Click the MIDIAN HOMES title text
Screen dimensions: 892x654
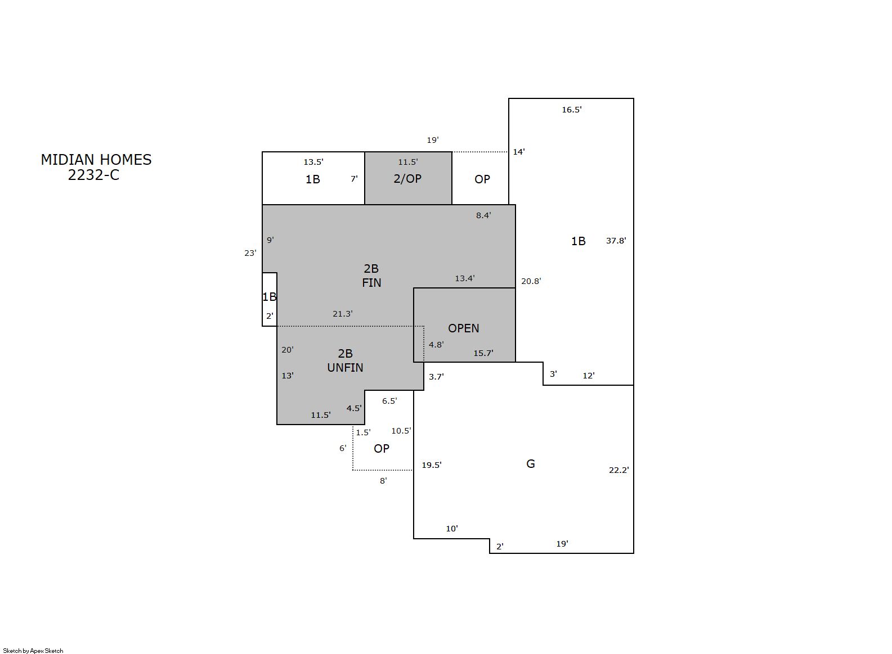(x=96, y=160)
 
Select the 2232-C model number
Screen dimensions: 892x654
(x=93, y=175)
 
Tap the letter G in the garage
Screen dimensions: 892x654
(x=531, y=464)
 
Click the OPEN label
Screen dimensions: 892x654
(x=464, y=328)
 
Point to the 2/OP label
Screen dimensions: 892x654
(x=407, y=179)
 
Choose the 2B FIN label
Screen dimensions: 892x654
(x=371, y=276)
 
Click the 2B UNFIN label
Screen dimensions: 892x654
(x=345, y=360)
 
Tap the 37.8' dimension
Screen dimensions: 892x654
(x=616, y=241)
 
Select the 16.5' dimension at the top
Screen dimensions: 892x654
(x=572, y=110)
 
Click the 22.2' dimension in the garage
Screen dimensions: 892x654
(x=619, y=470)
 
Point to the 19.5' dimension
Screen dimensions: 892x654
(x=432, y=465)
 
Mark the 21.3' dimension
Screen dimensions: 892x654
(x=343, y=314)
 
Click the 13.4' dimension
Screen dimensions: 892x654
(x=465, y=278)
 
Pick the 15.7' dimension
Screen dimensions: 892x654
(x=483, y=353)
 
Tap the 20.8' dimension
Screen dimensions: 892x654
(x=531, y=281)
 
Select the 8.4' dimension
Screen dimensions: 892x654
(x=483, y=215)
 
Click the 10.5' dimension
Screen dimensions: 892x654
(x=401, y=431)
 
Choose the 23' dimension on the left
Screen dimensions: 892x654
(x=250, y=253)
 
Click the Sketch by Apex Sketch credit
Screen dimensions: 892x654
(x=33, y=651)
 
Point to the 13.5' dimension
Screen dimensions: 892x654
(x=313, y=163)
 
